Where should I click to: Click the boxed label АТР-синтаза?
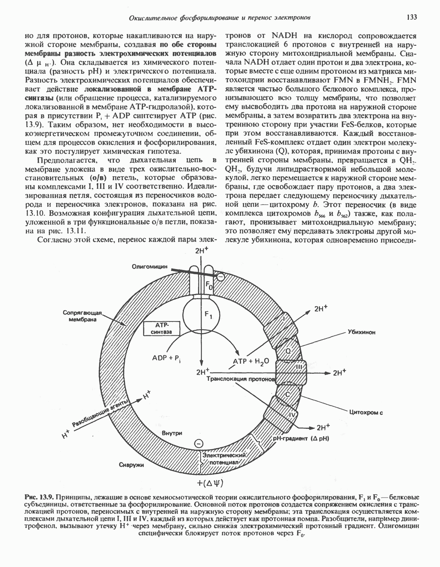click(162, 329)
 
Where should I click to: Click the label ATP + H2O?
click(251, 362)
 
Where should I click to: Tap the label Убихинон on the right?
click(362, 332)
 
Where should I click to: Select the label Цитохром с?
click(366, 412)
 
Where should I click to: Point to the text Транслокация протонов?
click(240, 380)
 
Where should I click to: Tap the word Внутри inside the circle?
click(171, 433)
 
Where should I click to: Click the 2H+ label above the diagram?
click(201, 251)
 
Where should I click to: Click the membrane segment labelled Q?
click(288, 351)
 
